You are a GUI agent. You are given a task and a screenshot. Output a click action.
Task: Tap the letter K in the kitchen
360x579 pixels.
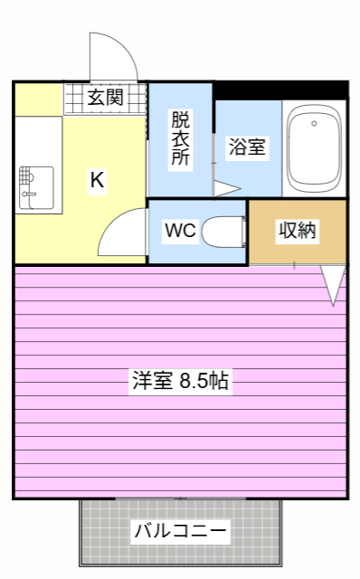pos(97,180)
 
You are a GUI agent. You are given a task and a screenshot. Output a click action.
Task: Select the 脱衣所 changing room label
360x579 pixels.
pos(181,137)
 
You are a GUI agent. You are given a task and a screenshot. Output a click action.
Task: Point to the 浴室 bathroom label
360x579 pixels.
pos(247,147)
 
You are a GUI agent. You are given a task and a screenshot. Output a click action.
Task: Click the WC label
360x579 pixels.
pos(180,231)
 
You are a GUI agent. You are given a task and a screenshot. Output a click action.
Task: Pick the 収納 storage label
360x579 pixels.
pos(298,231)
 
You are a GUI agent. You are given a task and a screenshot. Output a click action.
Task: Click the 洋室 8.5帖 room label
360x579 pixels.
pos(179,381)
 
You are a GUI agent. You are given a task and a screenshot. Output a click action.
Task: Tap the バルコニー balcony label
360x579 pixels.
pos(181,531)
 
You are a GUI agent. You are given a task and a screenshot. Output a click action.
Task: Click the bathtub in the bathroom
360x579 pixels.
pos(314,149)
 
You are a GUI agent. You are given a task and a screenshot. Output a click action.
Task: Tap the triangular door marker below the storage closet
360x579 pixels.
pos(334,284)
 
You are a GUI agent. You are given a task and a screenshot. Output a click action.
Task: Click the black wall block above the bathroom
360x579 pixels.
pos(280,90)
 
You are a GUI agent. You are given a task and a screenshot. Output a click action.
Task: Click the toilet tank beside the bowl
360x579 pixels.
pos(243,232)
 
